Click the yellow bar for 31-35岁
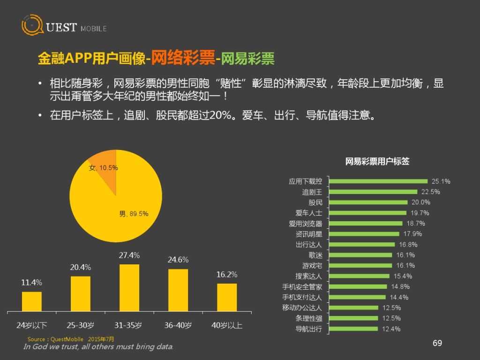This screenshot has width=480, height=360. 129,287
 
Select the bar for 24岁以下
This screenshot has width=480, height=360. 32,301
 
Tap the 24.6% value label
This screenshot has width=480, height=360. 178,260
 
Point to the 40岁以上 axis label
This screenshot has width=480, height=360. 227,325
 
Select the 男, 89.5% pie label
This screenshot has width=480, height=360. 134,214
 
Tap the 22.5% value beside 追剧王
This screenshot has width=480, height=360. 430,192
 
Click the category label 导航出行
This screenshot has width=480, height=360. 308,329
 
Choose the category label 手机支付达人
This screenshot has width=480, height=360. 302,297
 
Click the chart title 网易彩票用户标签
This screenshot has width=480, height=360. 377,162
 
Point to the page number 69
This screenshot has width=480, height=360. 437,344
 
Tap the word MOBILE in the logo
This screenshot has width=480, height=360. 93,29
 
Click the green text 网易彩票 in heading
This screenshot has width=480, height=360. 248,59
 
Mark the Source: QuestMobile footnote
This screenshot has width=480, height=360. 70,339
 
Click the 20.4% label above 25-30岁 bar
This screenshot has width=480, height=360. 81,267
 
